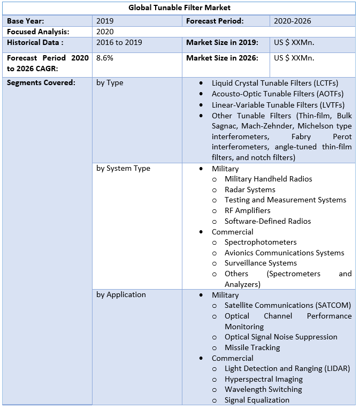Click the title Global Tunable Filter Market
(179, 8)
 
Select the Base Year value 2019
(105, 21)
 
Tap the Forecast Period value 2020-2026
(292, 21)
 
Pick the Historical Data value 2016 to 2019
(119, 42)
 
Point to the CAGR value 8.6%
(105, 58)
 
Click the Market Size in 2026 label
(222, 58)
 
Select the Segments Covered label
(41, 82)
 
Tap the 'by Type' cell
(110, 82)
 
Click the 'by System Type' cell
(123, 168)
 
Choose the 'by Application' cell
(121, 294)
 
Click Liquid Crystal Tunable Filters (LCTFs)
(275, 83)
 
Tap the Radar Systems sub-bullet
(250, 190)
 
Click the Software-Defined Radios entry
(267, 221)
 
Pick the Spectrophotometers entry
(261, 242)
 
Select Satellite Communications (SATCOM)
(287, 305)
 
